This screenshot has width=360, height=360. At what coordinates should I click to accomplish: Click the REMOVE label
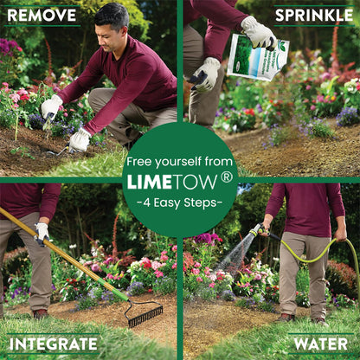pyautogui.click(x=41, y=15)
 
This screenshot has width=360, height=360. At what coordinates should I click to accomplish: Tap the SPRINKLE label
pyautogui.click(x=313, y=15)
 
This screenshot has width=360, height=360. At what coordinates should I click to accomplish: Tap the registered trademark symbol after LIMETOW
pyautogui.click(x=227, y=177)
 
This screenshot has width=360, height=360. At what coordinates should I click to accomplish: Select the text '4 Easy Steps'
pyautogui.click(x=180, y=203)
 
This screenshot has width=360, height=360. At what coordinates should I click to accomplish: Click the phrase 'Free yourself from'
pyautogui.click(x=180, y=162)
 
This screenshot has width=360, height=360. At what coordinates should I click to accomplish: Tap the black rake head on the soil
pyautogui.click(x=145, y=315)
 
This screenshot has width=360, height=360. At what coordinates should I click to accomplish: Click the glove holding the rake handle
pyautogui.click(x=42, y=233)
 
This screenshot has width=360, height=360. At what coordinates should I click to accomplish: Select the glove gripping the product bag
pyautogui.click(x=258, y=33)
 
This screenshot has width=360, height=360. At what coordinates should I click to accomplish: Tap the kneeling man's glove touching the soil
pyautogui.click(x=80, y=139)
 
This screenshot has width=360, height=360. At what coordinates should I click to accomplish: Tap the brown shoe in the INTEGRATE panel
pyautogui.click(x=39, y=313)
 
